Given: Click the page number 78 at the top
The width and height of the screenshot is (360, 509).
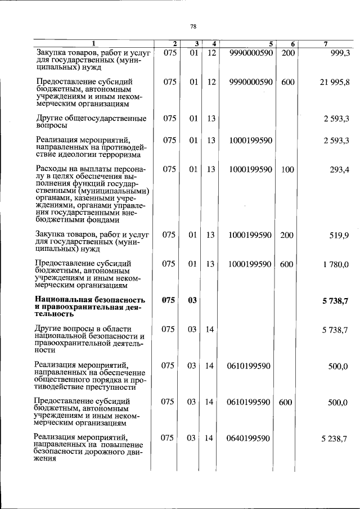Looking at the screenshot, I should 193,26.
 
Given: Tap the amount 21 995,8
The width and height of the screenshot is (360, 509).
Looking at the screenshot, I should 335,82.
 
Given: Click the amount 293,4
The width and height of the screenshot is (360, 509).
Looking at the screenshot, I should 339,169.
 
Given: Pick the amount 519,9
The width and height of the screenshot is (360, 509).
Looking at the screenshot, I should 339,235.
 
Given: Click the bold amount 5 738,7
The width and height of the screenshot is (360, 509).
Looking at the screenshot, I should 335,301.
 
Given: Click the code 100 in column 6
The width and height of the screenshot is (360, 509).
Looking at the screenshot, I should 287,169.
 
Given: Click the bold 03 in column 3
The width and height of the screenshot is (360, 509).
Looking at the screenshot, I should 193,301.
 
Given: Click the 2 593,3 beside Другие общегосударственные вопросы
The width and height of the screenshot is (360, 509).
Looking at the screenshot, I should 336,119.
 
